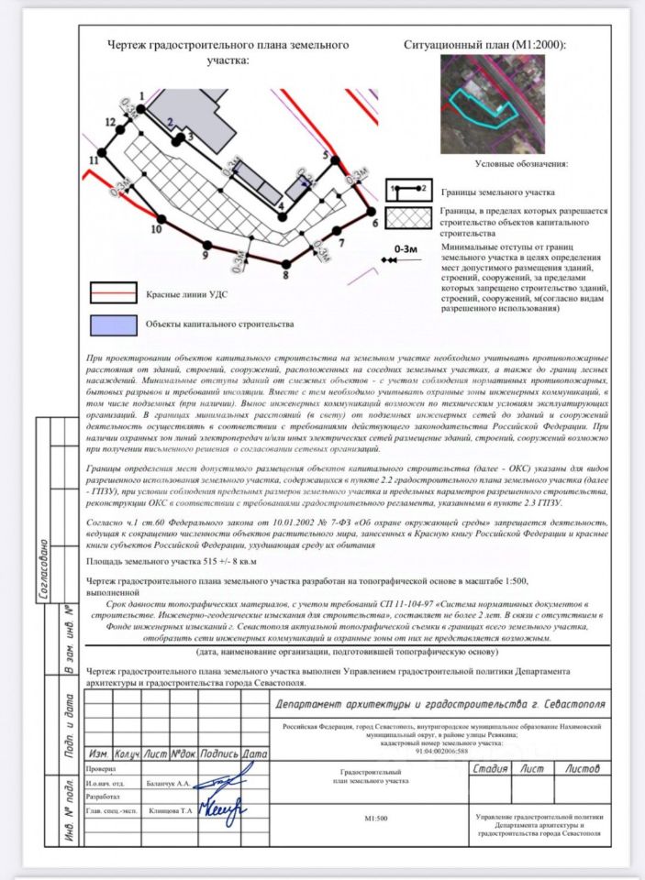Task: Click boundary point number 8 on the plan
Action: [x=286, y=263]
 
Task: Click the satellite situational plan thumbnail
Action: [x=492, y=104]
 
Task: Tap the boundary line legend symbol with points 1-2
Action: [x=408, y=188]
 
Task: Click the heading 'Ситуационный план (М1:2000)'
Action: [x=484, y=44]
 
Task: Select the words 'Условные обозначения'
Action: [x=520, y=164]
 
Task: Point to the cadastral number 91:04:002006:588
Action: [x=441, y=750]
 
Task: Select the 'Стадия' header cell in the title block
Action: [x=491, y=768]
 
